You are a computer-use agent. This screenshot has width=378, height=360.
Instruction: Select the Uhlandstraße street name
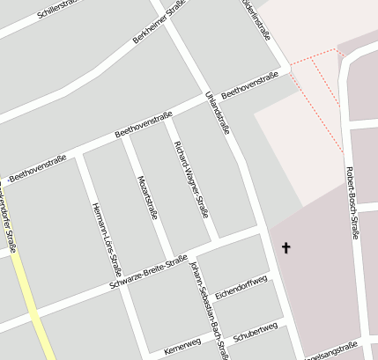[x=217, y=112]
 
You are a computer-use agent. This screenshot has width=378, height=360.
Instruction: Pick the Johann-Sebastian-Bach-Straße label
[x=210, y=307]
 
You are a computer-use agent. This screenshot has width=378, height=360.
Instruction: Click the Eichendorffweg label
[x=240, y=289]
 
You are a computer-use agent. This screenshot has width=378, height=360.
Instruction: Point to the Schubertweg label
[x=256, y=333]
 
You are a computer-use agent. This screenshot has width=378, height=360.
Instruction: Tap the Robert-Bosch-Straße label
[x=352, y=202]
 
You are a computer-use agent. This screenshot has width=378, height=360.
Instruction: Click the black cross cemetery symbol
[x=285, y=249]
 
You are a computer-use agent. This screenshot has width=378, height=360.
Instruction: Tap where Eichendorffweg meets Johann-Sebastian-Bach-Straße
[x=211, y=297]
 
